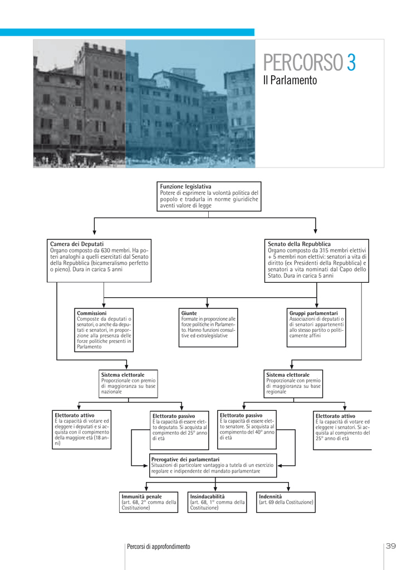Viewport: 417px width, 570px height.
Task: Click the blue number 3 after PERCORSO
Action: coord(351,62)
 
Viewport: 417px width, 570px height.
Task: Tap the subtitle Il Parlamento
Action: coord(290,80)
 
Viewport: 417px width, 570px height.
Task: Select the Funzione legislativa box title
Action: coord(185,186)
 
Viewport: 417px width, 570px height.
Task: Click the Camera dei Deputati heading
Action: coord(77,244)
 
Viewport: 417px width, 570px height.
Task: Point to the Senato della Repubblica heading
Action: coord(299,244)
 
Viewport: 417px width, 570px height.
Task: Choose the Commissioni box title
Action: coord(92,313)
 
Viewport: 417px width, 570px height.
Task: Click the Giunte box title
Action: coord(189,313)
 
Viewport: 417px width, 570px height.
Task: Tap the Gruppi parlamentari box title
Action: coord(313,313)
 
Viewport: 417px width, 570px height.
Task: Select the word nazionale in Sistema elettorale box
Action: coord(111,391)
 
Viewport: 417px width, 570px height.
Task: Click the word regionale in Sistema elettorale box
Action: coord(276,391)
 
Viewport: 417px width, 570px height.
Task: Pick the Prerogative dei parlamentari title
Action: coord(185,459)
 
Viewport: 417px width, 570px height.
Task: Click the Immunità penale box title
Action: coord(142,497)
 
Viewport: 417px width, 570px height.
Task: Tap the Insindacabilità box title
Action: coord(208,497)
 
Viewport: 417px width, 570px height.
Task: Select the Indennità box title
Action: coord(271,497)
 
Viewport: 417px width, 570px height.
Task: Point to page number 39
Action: coord(391,546)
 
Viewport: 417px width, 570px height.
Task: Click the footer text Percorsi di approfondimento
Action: coord(159,547)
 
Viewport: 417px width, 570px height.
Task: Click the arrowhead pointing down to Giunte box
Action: coord(207,306)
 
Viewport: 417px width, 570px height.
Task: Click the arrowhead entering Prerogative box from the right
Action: coord(280,466)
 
